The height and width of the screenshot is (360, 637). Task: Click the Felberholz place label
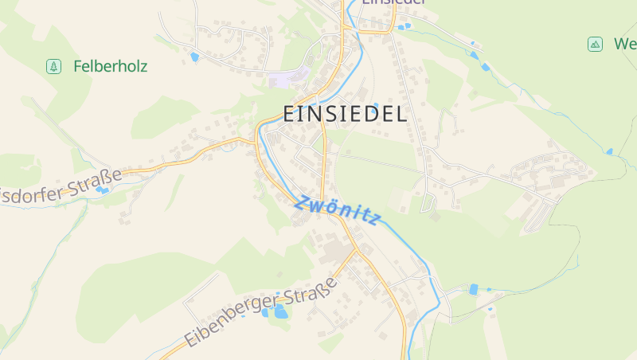pos(110,66)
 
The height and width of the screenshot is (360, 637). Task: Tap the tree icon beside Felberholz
pos(53,66)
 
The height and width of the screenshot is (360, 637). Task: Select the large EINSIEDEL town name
pos(346,113)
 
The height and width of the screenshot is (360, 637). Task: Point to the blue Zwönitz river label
pos(338,209)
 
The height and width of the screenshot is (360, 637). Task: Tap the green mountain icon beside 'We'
pos(595,44)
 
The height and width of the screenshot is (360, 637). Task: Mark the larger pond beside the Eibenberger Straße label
pos(280,311)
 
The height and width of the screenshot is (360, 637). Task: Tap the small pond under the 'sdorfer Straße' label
pos(102,190)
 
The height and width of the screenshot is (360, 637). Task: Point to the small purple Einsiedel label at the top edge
pos(392,2)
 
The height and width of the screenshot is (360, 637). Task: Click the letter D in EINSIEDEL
pos(374,113)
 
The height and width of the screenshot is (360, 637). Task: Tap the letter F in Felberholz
pos(77,66)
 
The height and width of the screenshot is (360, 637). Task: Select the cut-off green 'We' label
pos(625,44)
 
